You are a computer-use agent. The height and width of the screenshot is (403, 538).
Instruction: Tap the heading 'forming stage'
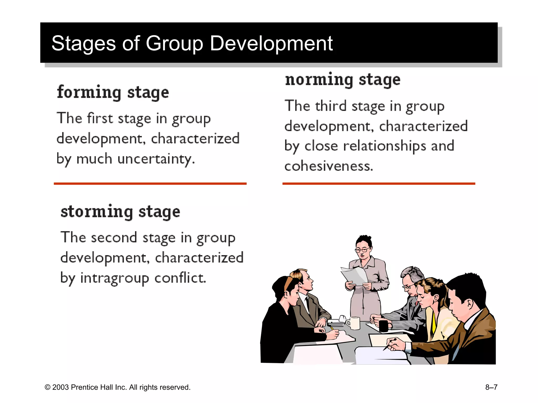113,93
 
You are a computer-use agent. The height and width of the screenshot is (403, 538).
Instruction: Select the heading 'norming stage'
343,80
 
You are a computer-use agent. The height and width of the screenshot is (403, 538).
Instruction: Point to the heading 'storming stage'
120,212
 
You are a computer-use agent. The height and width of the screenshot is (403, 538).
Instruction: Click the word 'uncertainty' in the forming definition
156,159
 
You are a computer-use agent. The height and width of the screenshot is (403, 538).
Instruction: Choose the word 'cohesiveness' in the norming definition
329,166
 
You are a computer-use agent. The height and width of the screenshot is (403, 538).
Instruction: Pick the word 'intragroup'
115,278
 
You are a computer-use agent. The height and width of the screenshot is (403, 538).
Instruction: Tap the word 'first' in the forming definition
100,118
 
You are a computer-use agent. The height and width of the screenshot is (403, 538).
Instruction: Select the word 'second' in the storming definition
114,237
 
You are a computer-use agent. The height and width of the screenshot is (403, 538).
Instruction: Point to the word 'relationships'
385,146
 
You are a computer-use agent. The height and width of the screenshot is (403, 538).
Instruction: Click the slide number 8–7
491,387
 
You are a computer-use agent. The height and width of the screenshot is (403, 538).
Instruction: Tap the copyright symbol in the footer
48,388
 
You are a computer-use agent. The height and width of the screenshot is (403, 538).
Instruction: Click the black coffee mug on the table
384,326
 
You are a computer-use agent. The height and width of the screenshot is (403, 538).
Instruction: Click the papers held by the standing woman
354,276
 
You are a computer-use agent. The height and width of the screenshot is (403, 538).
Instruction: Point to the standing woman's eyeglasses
363,250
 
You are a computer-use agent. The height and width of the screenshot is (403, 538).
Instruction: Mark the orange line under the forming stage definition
150,184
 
